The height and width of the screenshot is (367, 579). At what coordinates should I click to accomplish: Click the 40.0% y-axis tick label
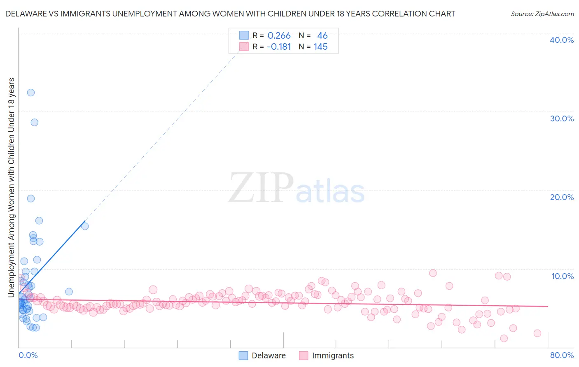562,40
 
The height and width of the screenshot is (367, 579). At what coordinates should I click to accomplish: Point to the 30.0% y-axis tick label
562,118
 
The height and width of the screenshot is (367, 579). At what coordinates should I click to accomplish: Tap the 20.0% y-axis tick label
562,197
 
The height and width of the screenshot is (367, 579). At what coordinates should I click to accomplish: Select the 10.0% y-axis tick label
563,276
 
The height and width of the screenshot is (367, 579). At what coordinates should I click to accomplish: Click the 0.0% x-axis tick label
28,355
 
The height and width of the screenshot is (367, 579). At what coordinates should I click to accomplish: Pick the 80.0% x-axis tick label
562,355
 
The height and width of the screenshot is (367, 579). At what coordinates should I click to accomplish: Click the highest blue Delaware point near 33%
31,93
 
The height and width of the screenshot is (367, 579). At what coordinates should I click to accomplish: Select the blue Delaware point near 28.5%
35,122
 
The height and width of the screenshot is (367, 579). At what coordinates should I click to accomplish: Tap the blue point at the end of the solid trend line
85,226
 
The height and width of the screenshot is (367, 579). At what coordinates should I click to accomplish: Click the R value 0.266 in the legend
279,36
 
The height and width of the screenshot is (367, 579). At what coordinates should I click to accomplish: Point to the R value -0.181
279,47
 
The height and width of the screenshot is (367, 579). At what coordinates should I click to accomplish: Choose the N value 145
320,47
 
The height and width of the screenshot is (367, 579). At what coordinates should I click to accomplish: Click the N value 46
322,36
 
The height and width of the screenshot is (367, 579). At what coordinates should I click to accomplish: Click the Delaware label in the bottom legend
268,355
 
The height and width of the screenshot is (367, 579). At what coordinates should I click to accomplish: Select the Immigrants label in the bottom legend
333,355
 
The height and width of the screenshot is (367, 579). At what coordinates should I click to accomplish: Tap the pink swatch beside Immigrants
304,355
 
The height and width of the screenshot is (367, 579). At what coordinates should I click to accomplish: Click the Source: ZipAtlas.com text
542,14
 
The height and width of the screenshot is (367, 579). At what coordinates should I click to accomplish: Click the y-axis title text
11,187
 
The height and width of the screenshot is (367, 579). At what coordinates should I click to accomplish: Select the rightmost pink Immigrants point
537,333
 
